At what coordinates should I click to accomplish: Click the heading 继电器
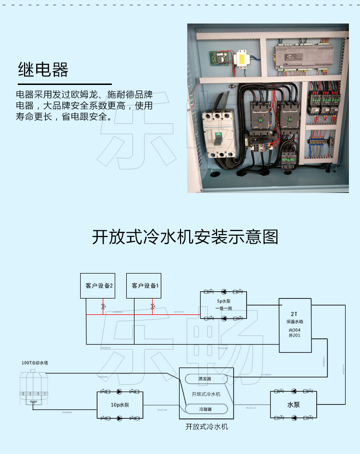click(43, 70)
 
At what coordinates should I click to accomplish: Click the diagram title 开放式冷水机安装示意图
click(185, 237)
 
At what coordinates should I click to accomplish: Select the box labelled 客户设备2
click(98, 286)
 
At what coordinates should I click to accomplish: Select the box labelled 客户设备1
click(145, 286)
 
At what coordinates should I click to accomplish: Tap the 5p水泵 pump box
click(223, 305)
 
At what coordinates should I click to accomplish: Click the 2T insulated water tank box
click(295, 325)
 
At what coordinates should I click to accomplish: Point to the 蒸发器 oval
click(205, 379)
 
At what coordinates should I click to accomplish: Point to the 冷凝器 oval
click(205, 409)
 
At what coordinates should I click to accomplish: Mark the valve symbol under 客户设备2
click(103, 306)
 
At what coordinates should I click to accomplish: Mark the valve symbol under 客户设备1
click(153, 306)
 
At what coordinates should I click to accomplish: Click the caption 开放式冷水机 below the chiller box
click(206, 427)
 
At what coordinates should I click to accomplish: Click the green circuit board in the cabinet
click(215, 59)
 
